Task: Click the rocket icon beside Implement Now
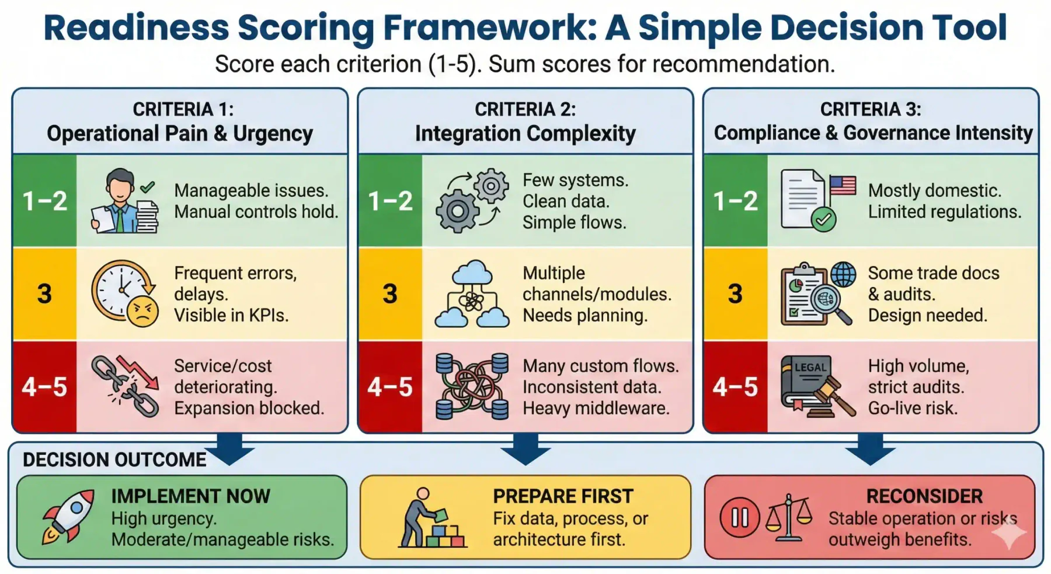[x=67, y=517]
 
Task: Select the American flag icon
[x=843, y=185]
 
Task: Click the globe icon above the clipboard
[x=843, y=274]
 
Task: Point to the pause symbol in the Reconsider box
[x=739, y=517]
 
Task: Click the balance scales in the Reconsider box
[x=789, y=517]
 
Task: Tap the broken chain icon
[x=125, y=386]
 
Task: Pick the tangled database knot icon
[x=472, y=386]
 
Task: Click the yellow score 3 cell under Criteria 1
[x=45, y=293]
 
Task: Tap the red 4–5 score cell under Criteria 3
[x=736, y=386]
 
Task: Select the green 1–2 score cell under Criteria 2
[x=390, y=200]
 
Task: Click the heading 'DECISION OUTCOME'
[x=114, y=460]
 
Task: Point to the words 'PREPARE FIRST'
[x=563, y=496]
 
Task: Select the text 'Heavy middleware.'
[x=596, y=408]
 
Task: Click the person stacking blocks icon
[x=432, y=517]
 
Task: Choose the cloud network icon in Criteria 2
[x=472, y=293]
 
